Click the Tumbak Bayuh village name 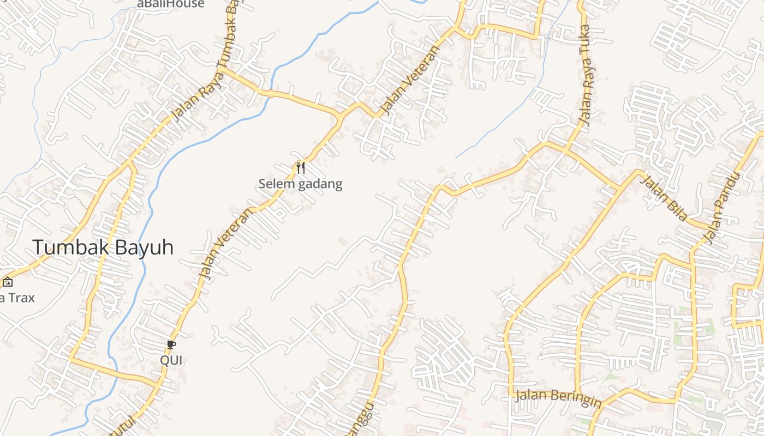pos(103,247)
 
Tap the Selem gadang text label pos(300,184)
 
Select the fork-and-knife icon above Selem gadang pos(300,167)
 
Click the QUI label pos(171,360)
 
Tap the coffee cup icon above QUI pos(171,344)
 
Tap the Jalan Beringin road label pos(558,397)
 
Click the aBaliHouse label pos(171,4)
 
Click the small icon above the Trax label pos(8,282)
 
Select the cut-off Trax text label pos(16,298)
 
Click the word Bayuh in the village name pos(145,247)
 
